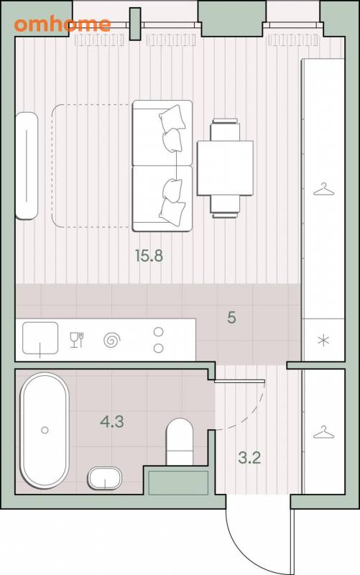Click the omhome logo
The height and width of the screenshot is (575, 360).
pos(63,24)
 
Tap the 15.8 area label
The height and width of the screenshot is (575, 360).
pos(149,256)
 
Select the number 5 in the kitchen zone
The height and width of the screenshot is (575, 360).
pos(231,318)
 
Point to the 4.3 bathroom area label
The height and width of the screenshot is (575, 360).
pos(112,422)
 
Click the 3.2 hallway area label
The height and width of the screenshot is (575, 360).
pos(249,458)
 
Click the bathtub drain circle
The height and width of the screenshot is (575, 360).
pos(45,430)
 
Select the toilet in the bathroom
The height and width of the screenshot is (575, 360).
pos(180,442)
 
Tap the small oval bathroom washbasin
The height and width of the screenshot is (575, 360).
pos(104,478)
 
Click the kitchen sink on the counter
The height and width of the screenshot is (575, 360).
pos(40,338)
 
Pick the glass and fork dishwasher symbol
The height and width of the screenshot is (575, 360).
pos(77,339)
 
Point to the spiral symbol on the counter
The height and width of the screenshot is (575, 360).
pos(112,340)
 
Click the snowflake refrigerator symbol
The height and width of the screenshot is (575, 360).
pos(323,341)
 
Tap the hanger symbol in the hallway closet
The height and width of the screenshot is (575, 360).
pos(323,433)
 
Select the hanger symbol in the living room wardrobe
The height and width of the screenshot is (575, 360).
pos(323,190)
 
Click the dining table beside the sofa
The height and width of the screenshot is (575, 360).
pos(225,168)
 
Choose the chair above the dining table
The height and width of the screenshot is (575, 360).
pos(225,130)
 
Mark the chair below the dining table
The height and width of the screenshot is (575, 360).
pos(225,207)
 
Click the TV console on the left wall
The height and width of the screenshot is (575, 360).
pos(27,166)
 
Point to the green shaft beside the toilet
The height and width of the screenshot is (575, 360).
pos(178,482)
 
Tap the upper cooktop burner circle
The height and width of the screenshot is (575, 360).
pos(158,332)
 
